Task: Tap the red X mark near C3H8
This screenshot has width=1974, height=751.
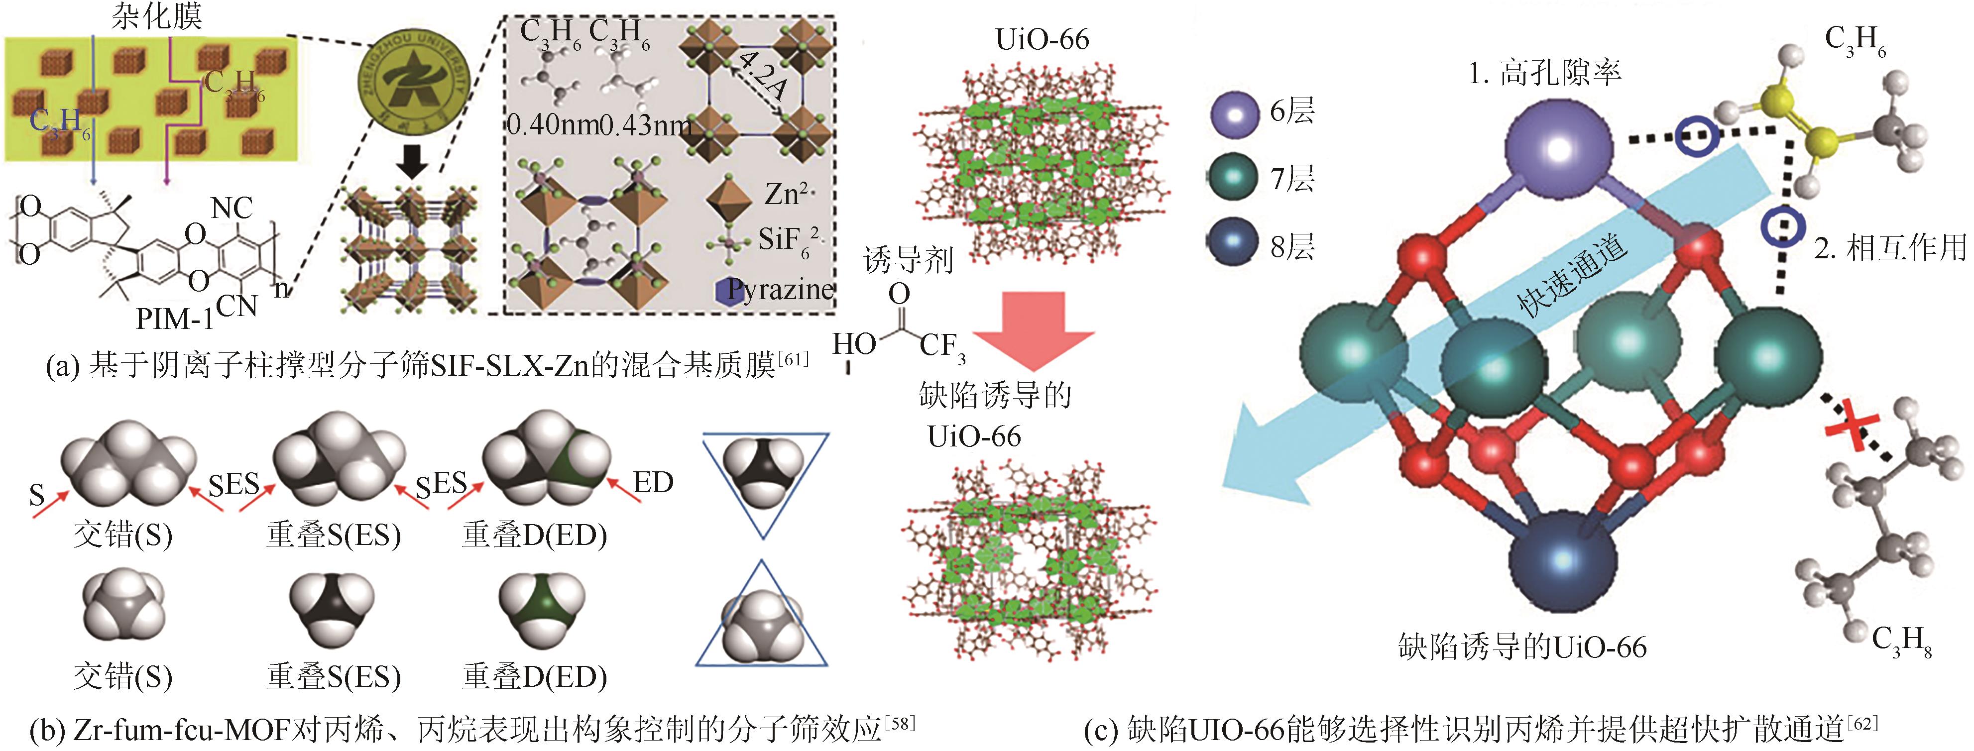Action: click(x=1849, y=431)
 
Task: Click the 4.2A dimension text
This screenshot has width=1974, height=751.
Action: click(x=763, y=78)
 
